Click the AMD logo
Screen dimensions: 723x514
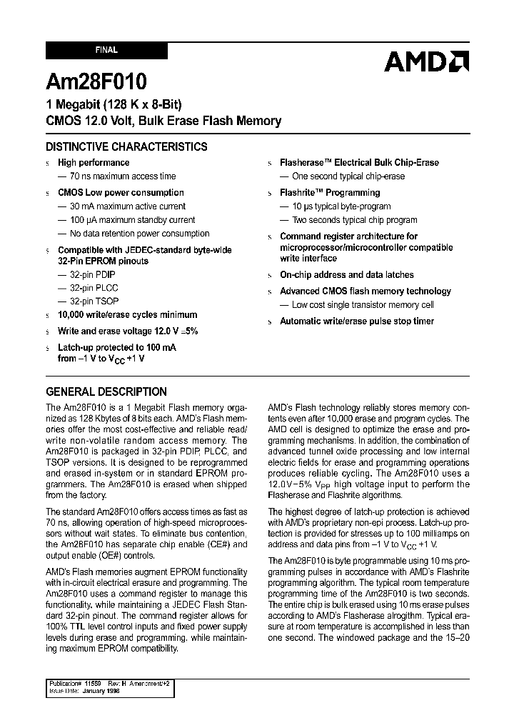pyautogui.click(x=425, y=61)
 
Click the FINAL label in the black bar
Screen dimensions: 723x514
pyautogui.click(x=106, y=51)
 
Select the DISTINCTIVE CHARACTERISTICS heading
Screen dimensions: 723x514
pyautogui.click(x=126, y=146)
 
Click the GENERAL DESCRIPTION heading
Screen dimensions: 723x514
pyautogui.click(x=106, y=392)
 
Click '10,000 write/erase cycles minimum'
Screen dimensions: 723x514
pyautogui.click(x=127, y=315)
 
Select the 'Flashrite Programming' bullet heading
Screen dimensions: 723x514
pyautogui.click(x=329, y=193)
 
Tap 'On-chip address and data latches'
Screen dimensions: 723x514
pyautogui.click(x=346, y=274)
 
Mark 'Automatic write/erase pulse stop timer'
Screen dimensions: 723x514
pyautogui.click(x=356, y=321)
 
